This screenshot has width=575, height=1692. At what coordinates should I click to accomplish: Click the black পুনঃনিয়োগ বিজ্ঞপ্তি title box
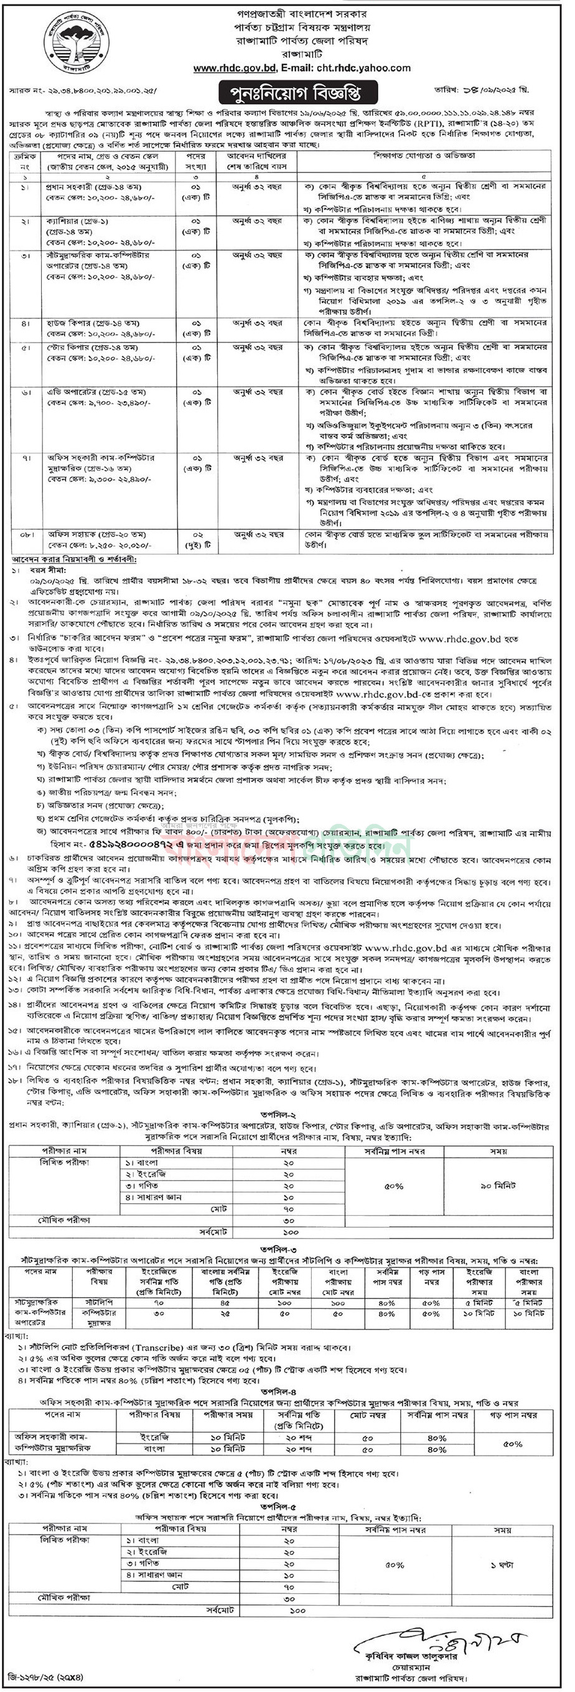(290, 90)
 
